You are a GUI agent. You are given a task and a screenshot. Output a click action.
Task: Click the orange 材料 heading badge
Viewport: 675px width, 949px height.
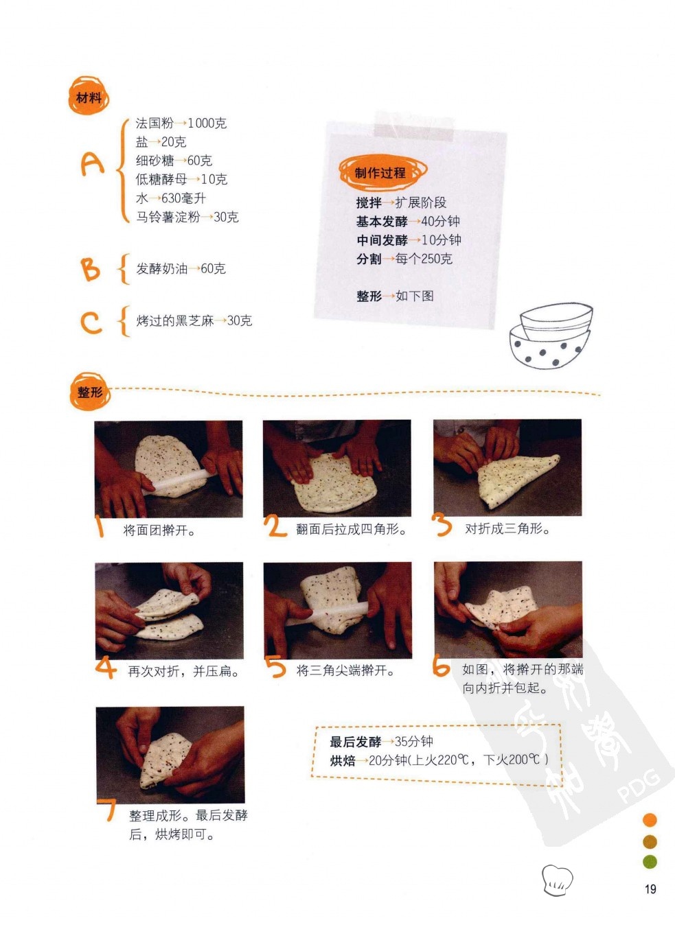89,96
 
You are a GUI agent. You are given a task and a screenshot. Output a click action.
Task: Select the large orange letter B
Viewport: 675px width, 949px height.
91,268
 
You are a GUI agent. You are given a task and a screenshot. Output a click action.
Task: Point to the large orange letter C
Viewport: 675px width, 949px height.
91,322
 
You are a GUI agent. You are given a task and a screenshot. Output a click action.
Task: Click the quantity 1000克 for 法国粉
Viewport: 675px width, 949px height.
207,124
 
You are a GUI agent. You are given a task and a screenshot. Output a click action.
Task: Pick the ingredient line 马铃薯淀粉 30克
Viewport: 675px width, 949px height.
187,217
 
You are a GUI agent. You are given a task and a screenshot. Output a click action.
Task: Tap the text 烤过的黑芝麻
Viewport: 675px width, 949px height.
174,320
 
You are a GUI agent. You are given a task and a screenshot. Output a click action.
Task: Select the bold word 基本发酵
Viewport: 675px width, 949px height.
382,221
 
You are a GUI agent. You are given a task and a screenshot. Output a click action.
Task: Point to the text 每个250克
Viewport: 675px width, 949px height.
424,259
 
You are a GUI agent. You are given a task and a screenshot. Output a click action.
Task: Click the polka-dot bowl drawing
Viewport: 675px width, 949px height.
551,336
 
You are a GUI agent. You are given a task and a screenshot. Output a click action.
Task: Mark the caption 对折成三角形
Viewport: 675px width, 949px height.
507,529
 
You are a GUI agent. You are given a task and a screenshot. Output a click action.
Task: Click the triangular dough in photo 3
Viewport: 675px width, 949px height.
514,479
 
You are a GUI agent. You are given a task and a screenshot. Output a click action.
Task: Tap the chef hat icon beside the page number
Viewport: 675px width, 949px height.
557,880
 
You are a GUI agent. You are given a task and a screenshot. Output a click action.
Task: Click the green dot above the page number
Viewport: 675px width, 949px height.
650,861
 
